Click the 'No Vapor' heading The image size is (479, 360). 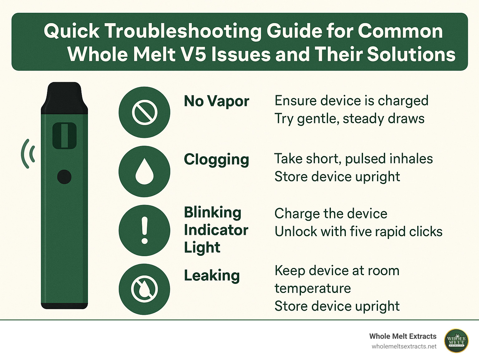tap(216, 101)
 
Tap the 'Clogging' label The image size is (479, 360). tap(216, 159)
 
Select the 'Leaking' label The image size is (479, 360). tap(212, 275)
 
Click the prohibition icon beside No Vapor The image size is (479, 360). tap(144, 112)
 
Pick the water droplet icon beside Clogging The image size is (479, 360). tap(144, 171)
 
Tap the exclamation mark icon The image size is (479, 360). tap(144, 230)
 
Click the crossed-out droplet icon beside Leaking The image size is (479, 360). tap(144, 289)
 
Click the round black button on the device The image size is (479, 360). tap(65, 177)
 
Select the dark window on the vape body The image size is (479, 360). tap(65, 135)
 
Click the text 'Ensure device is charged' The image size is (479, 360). tap(351, 101)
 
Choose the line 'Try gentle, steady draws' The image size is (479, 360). tap(349, 119)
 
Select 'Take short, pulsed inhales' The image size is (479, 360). tap(354, 159)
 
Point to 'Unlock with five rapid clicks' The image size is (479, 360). tap(359, 232)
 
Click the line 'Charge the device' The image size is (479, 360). tap(331, 214)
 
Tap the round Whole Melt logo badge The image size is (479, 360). tap(456, 341)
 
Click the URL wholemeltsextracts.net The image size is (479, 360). tap(404, 347)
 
